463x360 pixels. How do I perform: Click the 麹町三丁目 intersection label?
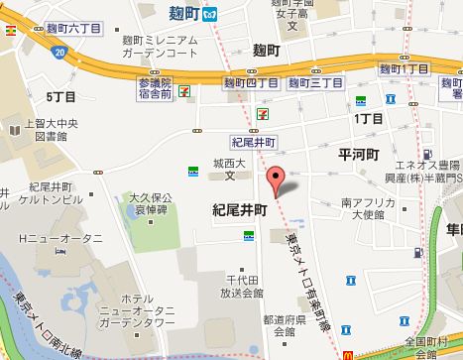tap(306, 83)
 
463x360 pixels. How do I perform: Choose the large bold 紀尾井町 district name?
tap(240, 210)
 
